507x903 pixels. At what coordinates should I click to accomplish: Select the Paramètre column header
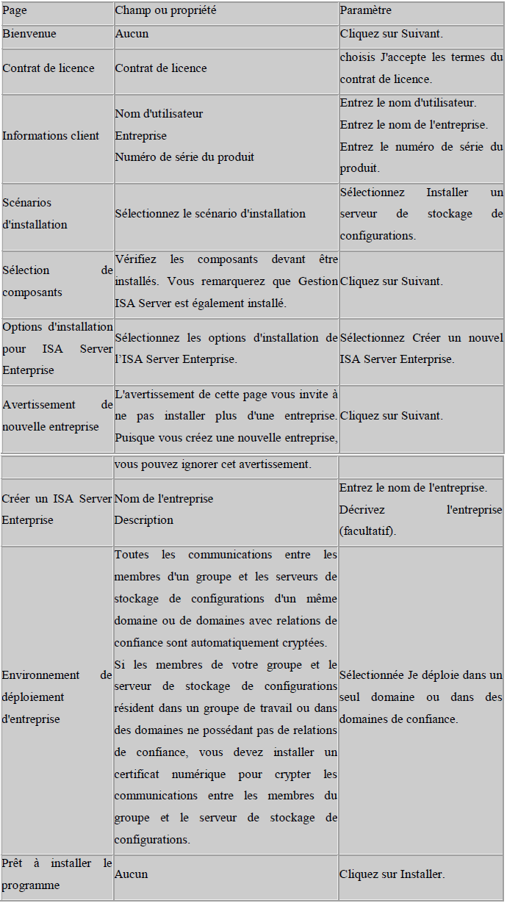click(366, 11)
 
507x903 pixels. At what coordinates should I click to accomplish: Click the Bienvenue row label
click(29, 34)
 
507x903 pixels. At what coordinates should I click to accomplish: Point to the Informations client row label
click(51, 136)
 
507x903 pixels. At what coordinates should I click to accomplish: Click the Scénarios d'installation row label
click(35, 214)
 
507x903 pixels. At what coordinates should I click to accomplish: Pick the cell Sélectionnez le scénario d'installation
click(210, 214)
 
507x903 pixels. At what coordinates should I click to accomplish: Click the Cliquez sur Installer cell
click(392, 874)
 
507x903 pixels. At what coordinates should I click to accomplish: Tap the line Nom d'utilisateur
click(159, 114)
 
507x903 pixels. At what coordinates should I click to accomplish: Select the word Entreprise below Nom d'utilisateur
click(140, 136)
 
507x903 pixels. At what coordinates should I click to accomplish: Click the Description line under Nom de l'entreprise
click(143, 520)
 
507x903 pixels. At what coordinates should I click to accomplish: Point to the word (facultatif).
click(367, 531)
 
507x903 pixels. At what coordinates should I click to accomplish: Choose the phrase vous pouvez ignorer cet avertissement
click(213, 465)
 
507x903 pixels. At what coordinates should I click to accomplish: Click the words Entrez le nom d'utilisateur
click(408, 103)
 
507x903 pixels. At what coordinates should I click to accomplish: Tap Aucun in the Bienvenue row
click(132, 34)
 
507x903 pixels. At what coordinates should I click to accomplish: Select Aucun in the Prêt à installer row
click(131, 874)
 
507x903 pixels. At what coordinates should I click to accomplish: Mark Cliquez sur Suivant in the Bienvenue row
click(391, 34)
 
